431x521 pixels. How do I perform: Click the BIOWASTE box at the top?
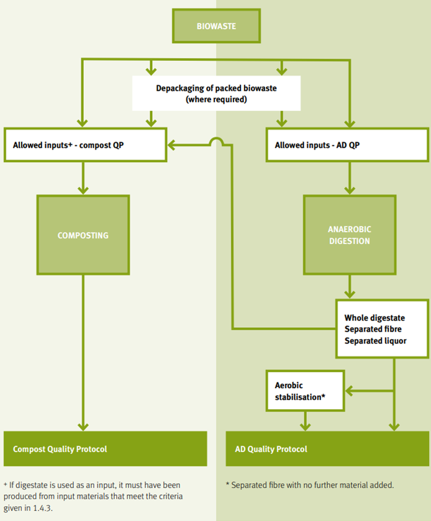(216, 27)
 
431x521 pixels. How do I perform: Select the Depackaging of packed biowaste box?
(216, 93)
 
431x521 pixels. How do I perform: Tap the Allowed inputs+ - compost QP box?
(85, 145)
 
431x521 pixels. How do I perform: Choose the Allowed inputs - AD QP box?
(347, 145)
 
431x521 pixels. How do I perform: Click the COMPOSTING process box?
(83, 235)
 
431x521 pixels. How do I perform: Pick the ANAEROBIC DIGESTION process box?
(349, 235)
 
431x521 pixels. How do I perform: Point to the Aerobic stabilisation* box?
(305, 391)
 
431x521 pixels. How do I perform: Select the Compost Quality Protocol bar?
(105, 448)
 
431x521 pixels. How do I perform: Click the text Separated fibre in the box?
(374, 328)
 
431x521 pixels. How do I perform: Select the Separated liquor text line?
(376, 340)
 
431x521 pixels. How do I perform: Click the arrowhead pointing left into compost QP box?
(172, 146)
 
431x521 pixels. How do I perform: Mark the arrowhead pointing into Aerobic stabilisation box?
(349, 391)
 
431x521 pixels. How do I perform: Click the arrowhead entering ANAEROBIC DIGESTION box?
(349, 191)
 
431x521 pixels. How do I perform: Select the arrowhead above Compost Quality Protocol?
(83, 426)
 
